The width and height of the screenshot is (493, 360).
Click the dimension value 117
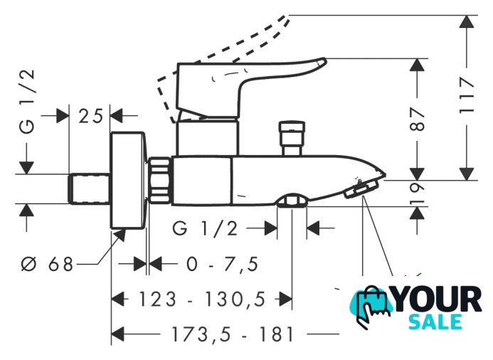(x=467, y=97)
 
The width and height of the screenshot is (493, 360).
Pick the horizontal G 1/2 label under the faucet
(x=205, y=228)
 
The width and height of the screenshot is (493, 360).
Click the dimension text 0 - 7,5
(x=221, y=265)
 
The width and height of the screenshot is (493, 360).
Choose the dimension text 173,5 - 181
(x=221, y=333)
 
